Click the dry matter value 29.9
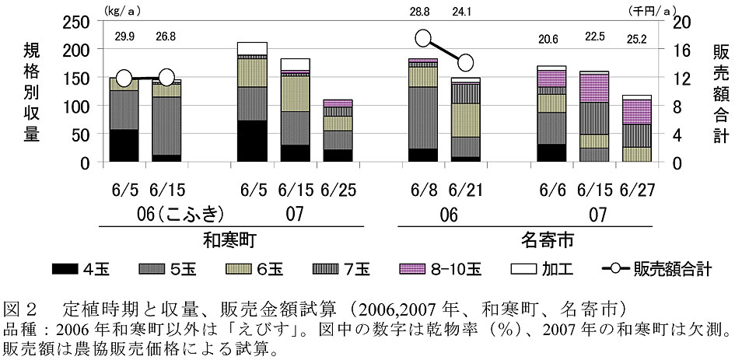pyautogui.click(x=124, y=36)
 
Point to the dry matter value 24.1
pyautogui.click(x=465, y=12)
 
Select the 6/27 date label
pyautogui.click(x=638, y=189)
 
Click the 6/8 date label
pyautogui.click(x=422, y=189)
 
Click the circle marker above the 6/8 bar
pyautogui.click(x=423, y=38)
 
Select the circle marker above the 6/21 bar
pyautogui.click(x=465, y=62)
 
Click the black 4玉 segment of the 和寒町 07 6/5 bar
pyautogui.click(x=251, y=142)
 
